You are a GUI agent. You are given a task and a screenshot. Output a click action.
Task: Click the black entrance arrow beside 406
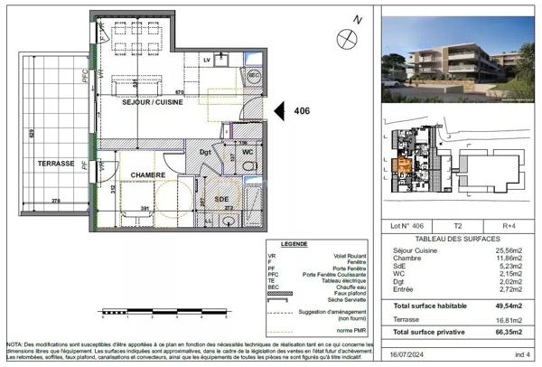point(280,111)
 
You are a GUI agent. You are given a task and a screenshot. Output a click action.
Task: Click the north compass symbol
point(343,36)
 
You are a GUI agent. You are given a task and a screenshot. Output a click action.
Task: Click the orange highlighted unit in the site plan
point(403,165)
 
